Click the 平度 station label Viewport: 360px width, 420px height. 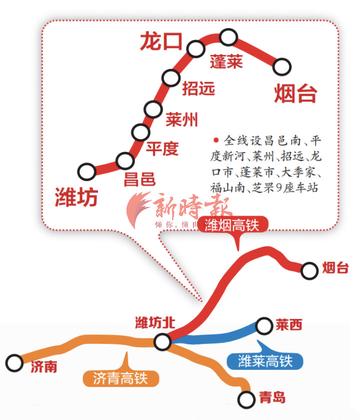coord(162,149)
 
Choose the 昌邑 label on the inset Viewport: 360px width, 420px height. coord(139,179)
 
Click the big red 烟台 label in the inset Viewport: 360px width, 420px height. coord(294,95)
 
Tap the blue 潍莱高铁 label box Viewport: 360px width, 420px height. coord(264,360)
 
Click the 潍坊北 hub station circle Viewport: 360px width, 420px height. coord(164,342)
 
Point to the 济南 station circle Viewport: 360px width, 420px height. coord(14,362)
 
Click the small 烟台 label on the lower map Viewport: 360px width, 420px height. coord(336,268)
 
